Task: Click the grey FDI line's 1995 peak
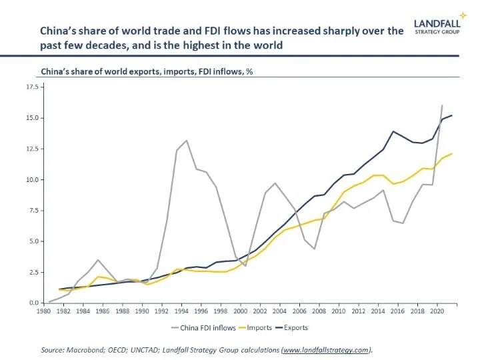pyautogui.click(x=187, y=141)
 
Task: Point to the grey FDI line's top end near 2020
pyautogui.click(x=441, y=105)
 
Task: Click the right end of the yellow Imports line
pyautogui.click(x=451, y=154)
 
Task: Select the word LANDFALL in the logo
pyautogui.click(x=437, y=21)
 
